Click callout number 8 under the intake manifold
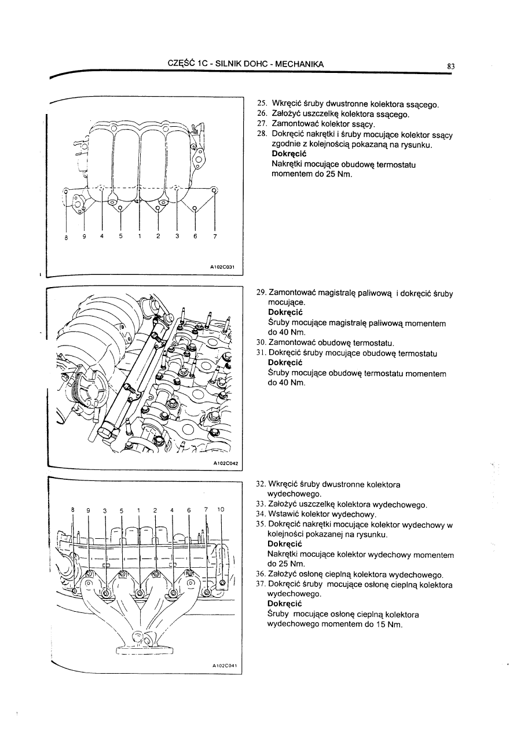[66, 238]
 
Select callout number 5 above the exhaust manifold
[122, 510]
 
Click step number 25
[261, 104]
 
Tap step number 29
[261, 293]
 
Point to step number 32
[261, 484]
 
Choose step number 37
[261, 585]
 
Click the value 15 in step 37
[377, 625]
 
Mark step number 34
[261, 514]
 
